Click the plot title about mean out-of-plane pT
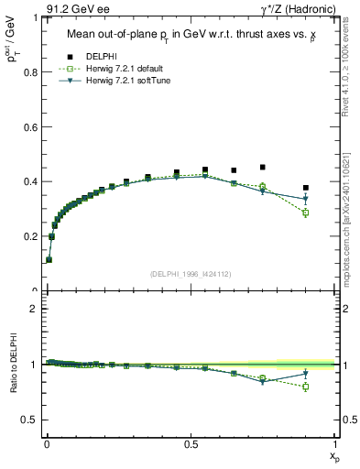pos(190,36)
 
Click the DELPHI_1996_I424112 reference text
pos(190,273)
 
